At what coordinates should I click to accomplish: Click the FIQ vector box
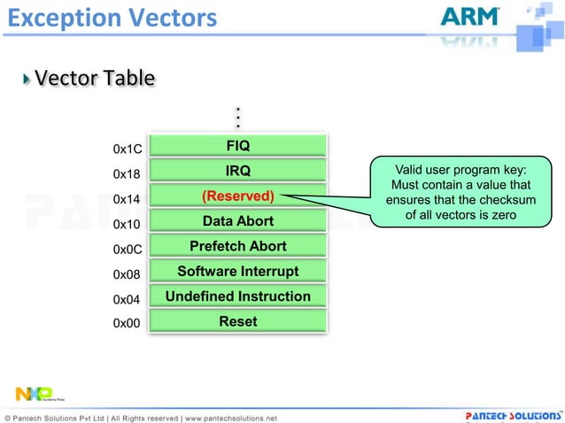(238, 145)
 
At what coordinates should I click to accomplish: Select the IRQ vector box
(238, 170)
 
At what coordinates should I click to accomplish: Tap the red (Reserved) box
(238, 196)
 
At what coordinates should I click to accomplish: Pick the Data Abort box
(238, 220)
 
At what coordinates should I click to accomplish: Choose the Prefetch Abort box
(238, 246)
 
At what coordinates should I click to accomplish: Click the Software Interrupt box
(238, 271)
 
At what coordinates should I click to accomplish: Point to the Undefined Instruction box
(238, 296)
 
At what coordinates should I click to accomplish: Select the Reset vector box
(238, 321)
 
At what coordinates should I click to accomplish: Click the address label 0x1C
(128, 150)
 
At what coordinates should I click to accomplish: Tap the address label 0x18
(128, 175)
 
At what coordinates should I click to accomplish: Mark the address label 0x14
(128, 200)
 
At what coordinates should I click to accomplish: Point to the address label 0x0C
(128, 250)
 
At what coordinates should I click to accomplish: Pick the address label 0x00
(128, 325)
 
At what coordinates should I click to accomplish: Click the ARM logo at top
(469, 18)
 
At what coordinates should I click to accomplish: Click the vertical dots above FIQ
(238, 119)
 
